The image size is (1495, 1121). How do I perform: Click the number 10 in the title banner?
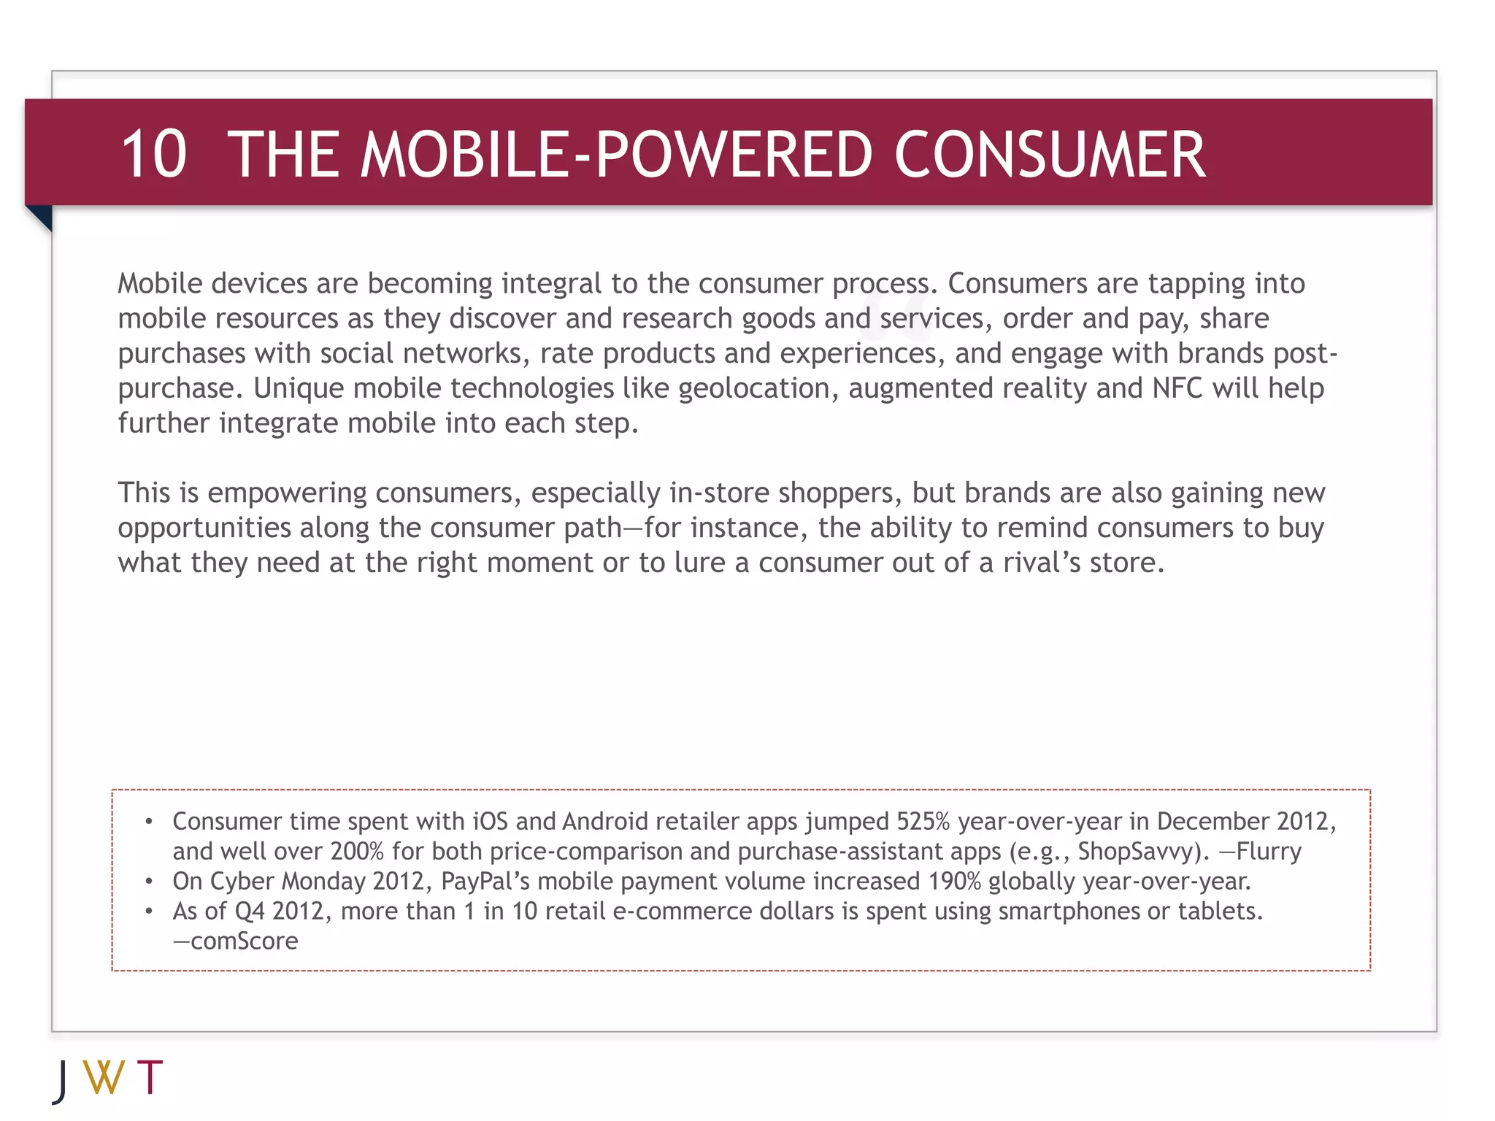(x=153, y=154)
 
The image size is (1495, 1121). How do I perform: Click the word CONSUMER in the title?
(x=1050, y=154)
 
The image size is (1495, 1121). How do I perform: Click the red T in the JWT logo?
(x=150, y=1077)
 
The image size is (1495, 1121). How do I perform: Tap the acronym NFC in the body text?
(x=1177, y=388)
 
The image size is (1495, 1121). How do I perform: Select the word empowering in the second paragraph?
(x=287, y=493)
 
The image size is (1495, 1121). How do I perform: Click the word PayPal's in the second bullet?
(x=485, y=882)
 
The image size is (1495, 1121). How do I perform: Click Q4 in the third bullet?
(x=249, y=912)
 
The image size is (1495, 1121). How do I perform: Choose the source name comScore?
(x=244, y=941)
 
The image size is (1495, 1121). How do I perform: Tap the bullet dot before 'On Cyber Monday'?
(x=149, y=882)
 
